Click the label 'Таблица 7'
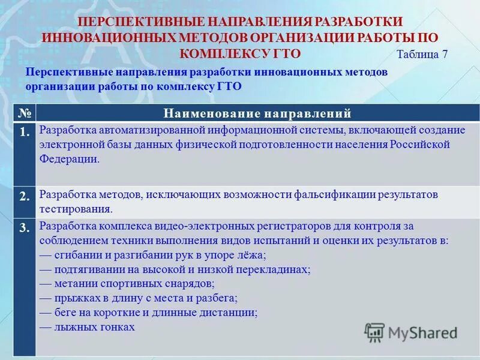pos(422,53)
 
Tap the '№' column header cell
pos(25,113)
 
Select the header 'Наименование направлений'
pos(257,113)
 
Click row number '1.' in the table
pos(25,133)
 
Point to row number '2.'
pos(25,196)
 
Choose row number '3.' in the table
pos(25,227)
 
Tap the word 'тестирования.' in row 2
pos(76,209)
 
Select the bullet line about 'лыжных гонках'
pos(87,327)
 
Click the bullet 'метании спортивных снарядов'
pos(127,284)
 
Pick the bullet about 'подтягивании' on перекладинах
pos(175,269)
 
